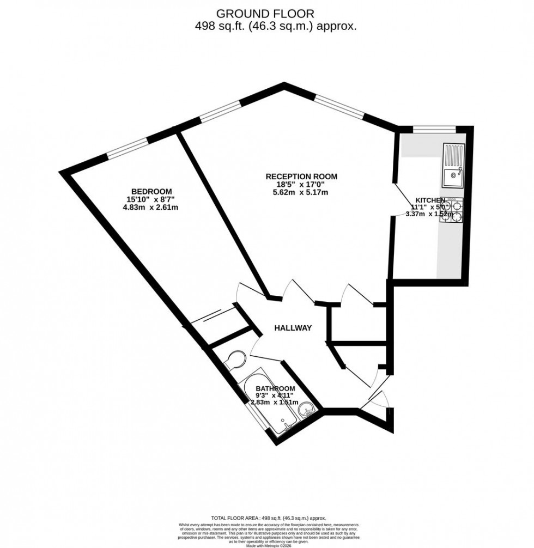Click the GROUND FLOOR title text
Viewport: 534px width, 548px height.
pyautogui.click(x=265, y=13)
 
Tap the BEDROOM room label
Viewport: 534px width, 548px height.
pyautogui.click(x=151, y=191)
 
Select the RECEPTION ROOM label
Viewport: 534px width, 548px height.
pyautogui.click(x=301, y=176)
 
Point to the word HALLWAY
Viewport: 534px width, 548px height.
pyautogui.click(x=293, y=328)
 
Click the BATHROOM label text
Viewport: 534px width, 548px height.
pyautogui.click(x=275, y=388)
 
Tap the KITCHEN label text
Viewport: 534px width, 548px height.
pyautogui.click(x=430, y=200)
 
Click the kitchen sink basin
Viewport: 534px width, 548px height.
pyautogui.click(x=452, y=176)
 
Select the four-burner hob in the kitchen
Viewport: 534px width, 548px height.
pyautogui.click(x=453, y=211)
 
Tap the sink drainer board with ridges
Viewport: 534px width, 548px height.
pyautogui.click(x=453, y=155)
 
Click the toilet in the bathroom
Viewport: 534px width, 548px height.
pyautogui.click(x=235, y=360)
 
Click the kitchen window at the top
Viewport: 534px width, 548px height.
pyautogui.click(x=434, y=129)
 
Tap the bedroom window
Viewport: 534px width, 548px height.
pyautogui.click(x=127, y=148)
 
